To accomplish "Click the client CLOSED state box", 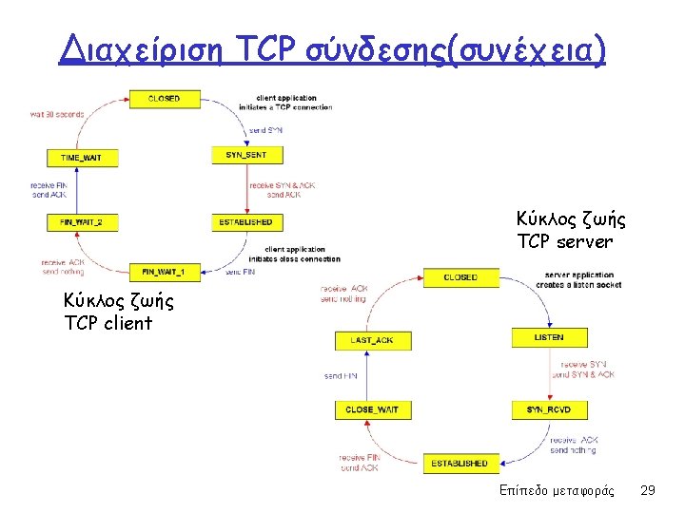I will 164,99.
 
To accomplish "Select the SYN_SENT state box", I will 246,155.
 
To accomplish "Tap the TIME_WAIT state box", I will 82,158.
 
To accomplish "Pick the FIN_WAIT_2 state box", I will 82,222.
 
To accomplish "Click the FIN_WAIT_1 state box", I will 164,273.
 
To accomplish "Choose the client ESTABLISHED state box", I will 246,222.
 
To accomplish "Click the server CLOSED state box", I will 460,277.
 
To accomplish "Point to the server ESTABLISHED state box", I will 460,463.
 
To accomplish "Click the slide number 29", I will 647,490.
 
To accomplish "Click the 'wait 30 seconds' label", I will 57,114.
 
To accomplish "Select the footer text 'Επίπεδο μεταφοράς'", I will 557,490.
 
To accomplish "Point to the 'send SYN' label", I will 265,129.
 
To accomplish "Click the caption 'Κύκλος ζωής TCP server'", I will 570,231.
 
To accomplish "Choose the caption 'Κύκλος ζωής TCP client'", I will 118,312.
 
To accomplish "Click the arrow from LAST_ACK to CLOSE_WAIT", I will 366,374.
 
